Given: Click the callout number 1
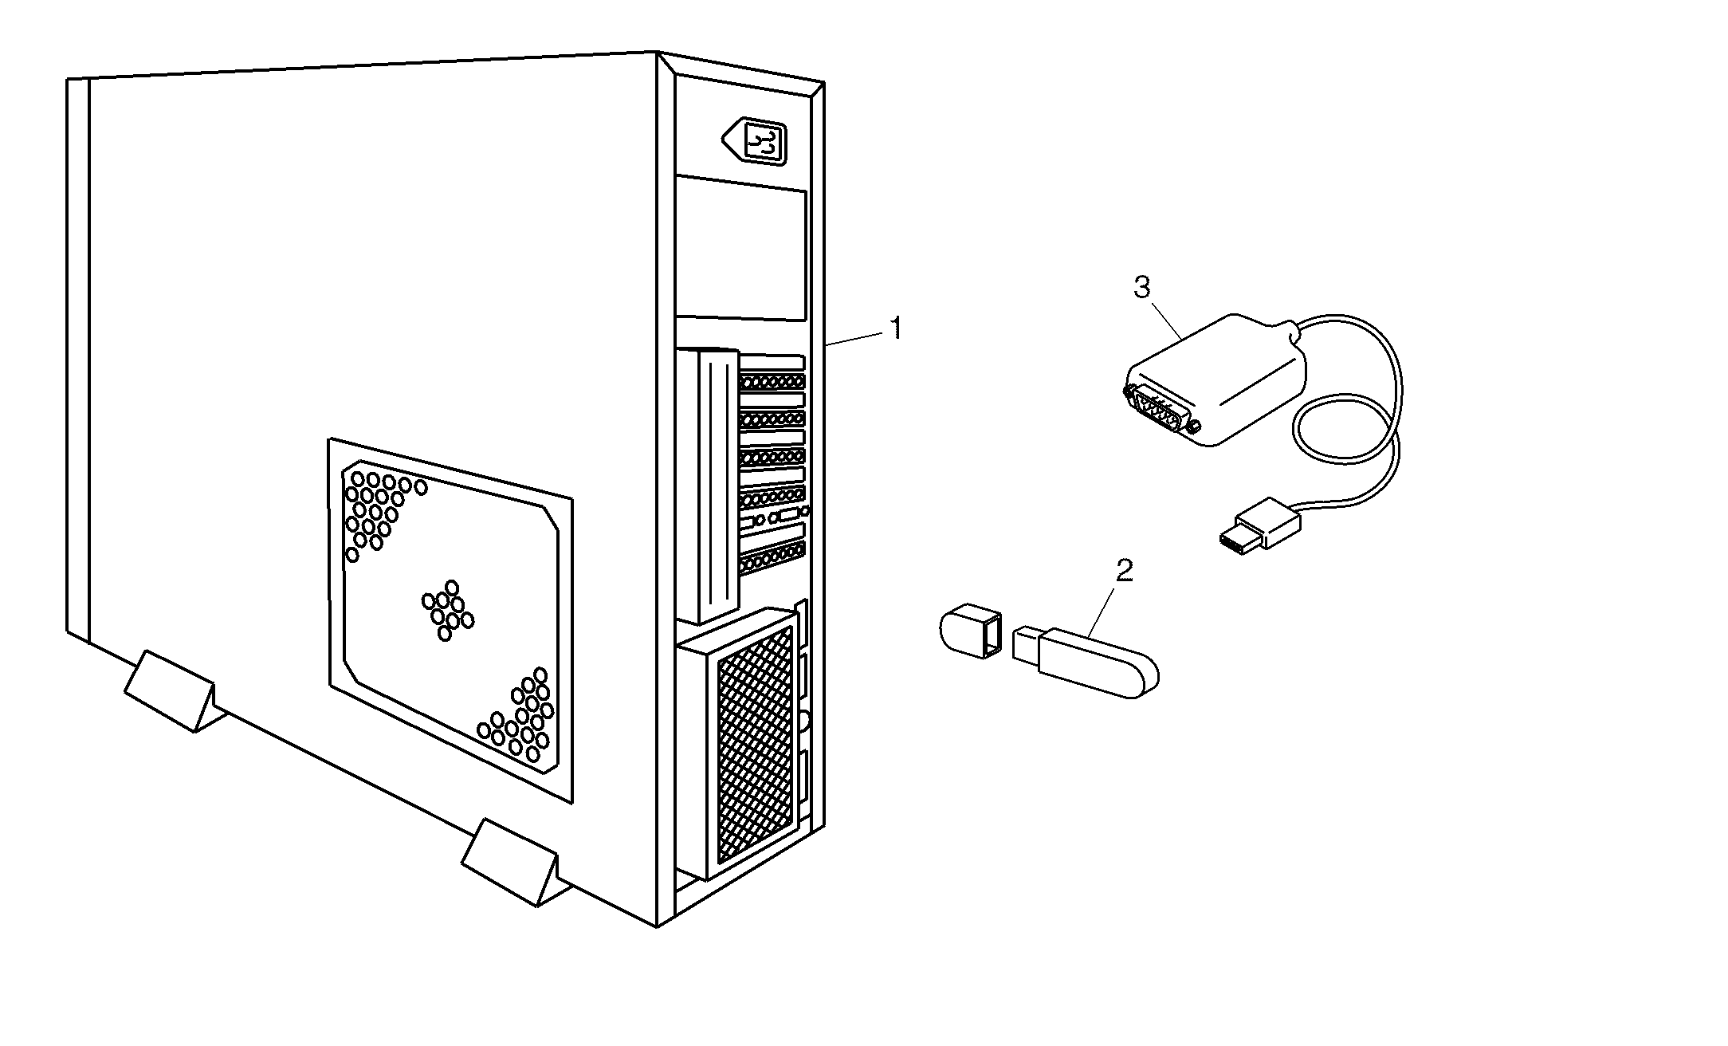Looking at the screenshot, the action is [896, 328].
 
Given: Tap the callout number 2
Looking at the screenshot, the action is [1124, 570].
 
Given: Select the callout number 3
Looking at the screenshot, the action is [1142, 287].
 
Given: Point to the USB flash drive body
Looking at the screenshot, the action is [1096, 663].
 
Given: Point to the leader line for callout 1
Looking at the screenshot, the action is [856, 338].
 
